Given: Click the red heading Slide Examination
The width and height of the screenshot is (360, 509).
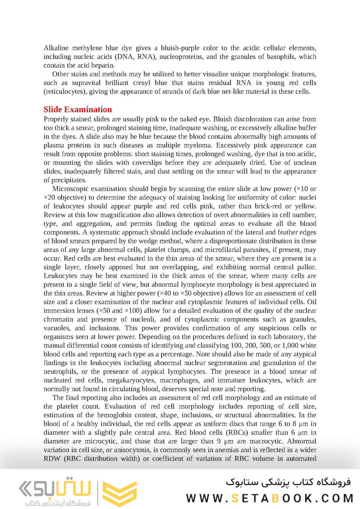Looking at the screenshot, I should [78, 110].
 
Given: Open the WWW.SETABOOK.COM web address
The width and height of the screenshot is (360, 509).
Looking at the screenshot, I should [270, 498].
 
